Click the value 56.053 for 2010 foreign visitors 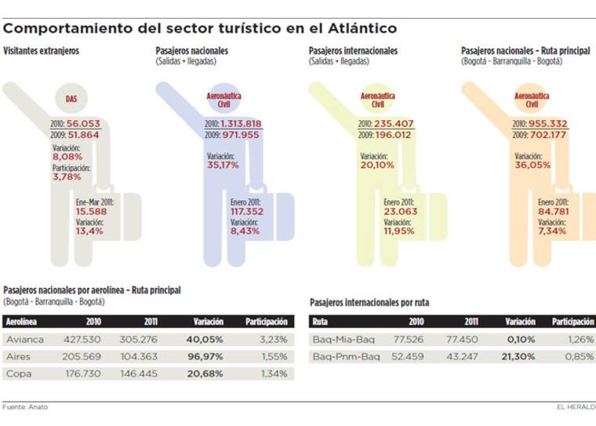tap(82, 123)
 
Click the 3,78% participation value tap(67, 177)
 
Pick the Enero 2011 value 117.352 tap(246, 211)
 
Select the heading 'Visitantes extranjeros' tap(41, 51)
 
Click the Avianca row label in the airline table tap(24, 340)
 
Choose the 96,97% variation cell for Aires tap(209, 357)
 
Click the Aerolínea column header tap(22, 322)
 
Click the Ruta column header tap(320, 322)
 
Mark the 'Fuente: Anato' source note tap(25, 406)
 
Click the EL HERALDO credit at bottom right tap(576, 406)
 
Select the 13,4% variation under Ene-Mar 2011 tap(89, 231)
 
